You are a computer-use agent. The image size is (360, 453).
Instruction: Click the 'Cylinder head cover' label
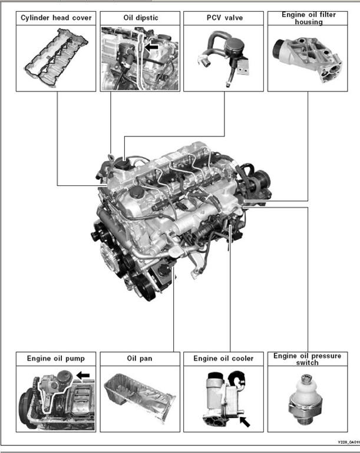tap(56, 18)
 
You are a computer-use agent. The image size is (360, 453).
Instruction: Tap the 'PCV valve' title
tap(224, 18)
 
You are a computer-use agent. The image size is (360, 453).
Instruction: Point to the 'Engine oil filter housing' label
tap(308, 18)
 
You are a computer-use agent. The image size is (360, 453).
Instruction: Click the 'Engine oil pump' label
tap(56, 358)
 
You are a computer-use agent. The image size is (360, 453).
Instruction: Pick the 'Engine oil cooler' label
tap(224, 358)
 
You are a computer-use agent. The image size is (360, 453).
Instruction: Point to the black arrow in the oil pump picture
tap(83, 375)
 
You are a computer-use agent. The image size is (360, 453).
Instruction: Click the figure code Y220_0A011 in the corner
tap(348, 442)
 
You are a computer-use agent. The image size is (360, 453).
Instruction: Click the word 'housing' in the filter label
tap(308, 22)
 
